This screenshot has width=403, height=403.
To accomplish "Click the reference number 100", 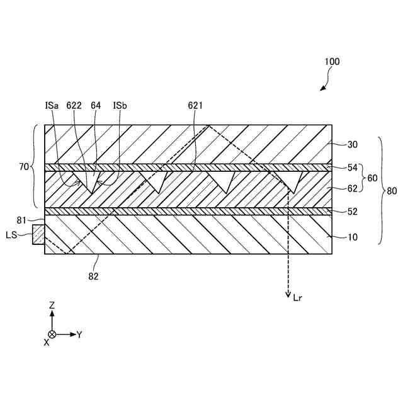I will point(332,62).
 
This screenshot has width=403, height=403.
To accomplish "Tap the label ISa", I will point(52,106).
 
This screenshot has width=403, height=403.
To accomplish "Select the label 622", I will point(74,106).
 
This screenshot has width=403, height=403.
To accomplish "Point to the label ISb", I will point(120,106).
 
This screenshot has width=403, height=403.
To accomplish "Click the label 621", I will point(195,106).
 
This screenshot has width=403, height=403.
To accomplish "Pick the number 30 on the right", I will point(353,144).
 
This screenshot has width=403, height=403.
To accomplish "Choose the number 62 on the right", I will point(353,187).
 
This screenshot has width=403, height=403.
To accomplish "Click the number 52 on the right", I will point(353,212).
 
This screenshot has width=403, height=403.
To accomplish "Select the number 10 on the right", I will point(353,237).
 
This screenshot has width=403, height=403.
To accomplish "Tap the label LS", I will point(11,235).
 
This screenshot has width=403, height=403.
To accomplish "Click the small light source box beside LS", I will point(38,235).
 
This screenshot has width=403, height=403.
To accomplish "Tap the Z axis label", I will point(52,305).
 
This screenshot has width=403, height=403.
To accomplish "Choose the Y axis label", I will point(79,334).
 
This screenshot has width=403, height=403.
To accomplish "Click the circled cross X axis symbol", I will point(52,334).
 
